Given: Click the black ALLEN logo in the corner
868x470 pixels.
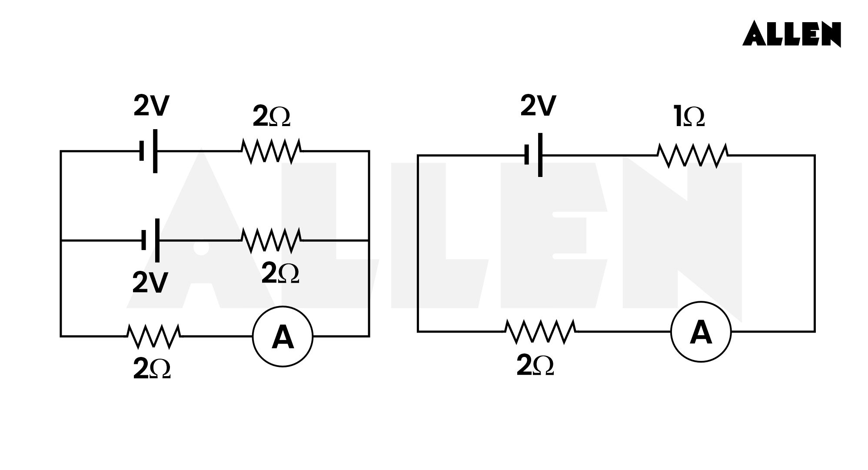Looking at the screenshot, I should pos(791,34).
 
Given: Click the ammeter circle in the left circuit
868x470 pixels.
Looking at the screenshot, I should pos(283,337).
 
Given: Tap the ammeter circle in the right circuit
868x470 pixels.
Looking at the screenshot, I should pos(701,332).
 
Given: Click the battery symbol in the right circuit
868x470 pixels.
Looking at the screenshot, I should pos(534,155).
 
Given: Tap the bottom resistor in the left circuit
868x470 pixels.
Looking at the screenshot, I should pos(154,336).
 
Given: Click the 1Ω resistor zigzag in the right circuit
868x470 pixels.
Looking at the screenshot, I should pos(692,155).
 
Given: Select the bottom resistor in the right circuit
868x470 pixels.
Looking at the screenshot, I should pos(540,332).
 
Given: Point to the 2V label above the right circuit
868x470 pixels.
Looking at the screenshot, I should pos(538,106).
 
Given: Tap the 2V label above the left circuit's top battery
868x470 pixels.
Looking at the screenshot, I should pos(151,106).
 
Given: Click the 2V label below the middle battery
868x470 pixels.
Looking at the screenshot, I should pos(150,283).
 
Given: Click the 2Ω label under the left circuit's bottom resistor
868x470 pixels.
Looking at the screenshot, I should pos(152,370).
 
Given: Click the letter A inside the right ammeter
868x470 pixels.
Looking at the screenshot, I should pos(701,333).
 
